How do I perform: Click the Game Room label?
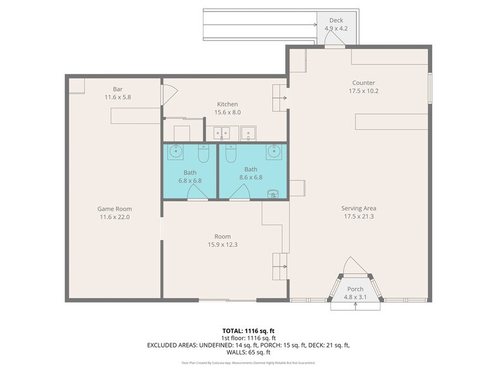click(114, 209)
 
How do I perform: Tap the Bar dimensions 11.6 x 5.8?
click(117, 98)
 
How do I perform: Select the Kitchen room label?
click(228, 104)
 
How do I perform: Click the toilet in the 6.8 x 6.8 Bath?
click(203, 154)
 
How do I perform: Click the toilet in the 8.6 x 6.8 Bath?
click(231, 154)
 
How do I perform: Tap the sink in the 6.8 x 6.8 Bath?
click(175, 152)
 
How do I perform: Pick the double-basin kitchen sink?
click(222, 133)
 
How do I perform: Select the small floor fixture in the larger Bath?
click(273, 193)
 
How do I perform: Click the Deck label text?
click(336, 21)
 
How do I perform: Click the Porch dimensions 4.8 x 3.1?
click(355, 296)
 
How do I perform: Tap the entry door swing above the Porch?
click(356, 266)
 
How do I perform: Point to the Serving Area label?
click(359, 208)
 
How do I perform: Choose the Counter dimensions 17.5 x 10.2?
click(363, 91)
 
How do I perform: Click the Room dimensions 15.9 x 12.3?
click(222, 244)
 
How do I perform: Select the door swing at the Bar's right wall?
click(166, 94)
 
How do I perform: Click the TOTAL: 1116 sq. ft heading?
click(248, 330)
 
